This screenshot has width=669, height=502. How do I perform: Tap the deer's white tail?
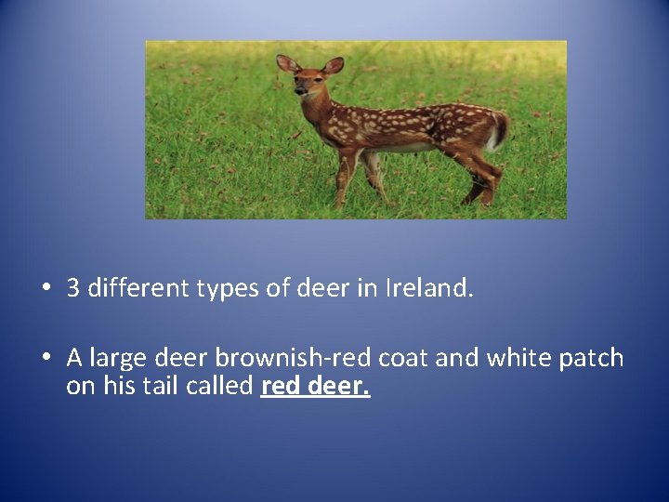(x=501, y=132)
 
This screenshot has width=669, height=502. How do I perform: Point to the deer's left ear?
(x=334, y=65)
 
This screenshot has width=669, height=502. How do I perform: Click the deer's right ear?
(x=286, y=63)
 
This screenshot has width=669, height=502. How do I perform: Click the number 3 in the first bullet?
(x=72, y=288)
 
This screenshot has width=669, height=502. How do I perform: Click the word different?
(x=138, y=288)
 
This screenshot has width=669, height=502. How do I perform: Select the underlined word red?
(x=280, y=386)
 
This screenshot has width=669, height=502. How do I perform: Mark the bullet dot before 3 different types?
(x=46, y=289)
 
